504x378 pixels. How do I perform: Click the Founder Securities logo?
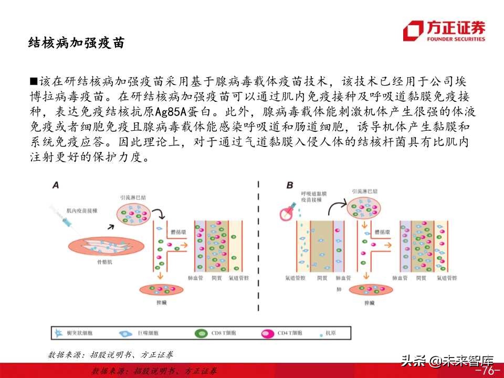tap(444, 30)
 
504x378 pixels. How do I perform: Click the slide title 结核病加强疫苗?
tap(76, 43)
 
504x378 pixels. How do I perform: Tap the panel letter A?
tap(56, 185)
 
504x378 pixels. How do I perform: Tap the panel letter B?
tap(290, 185)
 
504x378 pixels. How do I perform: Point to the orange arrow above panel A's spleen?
tap(159, 276)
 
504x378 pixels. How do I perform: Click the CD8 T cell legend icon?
tap(201, 332)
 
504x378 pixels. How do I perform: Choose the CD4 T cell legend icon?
tap(268, 332)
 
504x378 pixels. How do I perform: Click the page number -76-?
tap(486, 371)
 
